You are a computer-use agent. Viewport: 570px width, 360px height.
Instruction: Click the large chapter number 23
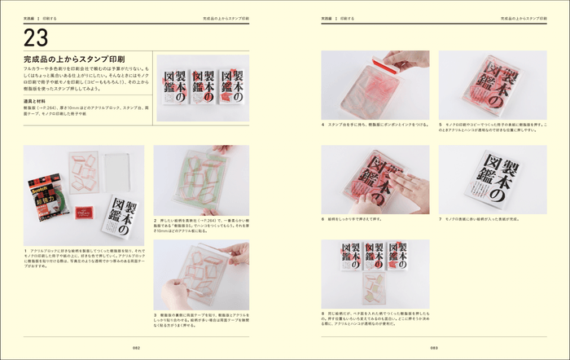pos(37,37)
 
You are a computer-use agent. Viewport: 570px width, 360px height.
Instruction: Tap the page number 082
pos(138,346)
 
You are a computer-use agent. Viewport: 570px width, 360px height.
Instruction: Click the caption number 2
pos(155,219)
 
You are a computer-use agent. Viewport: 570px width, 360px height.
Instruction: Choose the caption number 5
pos(441,125)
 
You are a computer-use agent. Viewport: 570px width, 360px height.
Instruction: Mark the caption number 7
pos(441,219)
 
